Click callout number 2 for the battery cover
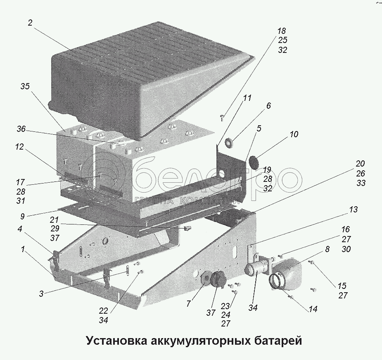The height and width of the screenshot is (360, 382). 30,23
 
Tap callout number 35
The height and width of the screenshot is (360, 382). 25,86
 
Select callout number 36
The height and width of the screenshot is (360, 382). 21,129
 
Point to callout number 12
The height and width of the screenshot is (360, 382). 20,147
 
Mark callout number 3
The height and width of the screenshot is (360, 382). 41,294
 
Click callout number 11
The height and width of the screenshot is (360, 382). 247,98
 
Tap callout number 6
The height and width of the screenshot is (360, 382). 268,106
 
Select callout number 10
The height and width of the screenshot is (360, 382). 294,134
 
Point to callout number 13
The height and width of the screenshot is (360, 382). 353,210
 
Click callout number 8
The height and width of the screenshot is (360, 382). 327,249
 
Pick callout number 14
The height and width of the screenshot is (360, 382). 313,309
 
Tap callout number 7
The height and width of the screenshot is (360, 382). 189,304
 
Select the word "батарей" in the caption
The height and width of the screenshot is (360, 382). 277,341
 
